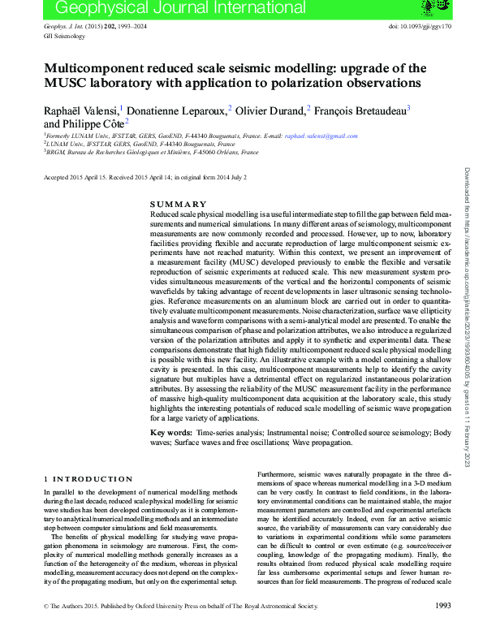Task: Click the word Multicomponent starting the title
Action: tap(88, 68)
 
